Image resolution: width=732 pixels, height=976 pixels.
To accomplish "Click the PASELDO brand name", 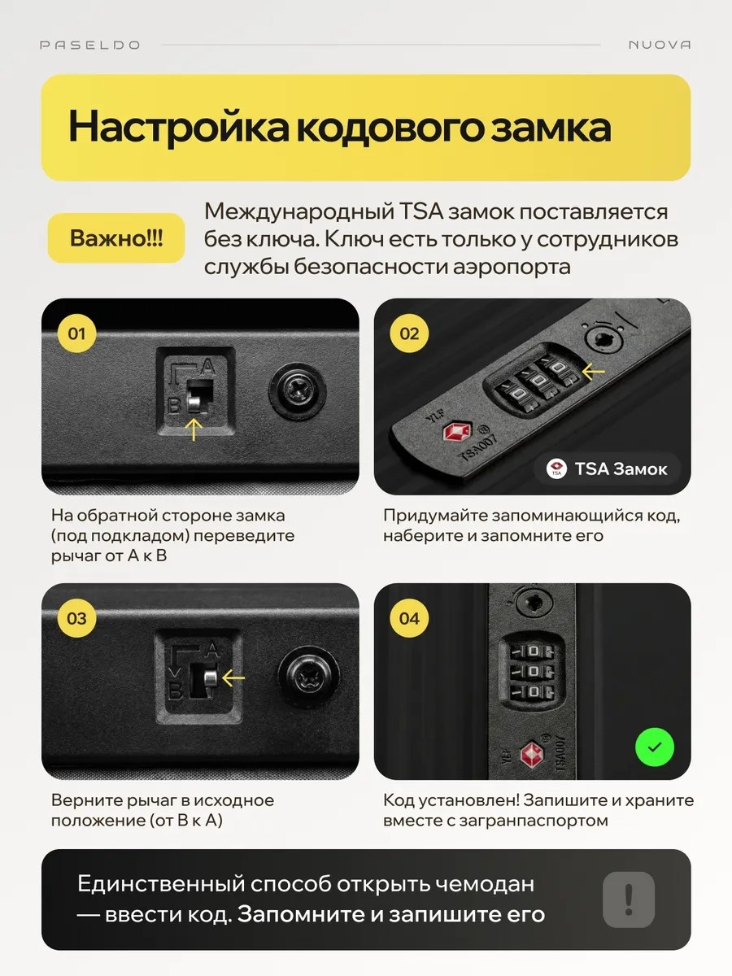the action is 89,45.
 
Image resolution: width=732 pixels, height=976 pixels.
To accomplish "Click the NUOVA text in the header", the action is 660,45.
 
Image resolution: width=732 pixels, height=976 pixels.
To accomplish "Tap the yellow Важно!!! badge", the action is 116,237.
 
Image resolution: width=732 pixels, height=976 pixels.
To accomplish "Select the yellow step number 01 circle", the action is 77,333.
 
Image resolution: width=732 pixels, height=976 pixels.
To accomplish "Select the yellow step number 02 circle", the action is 409,333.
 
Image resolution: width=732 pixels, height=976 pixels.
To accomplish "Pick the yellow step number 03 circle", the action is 77,618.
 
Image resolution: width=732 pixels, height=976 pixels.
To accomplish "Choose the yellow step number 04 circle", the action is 409,618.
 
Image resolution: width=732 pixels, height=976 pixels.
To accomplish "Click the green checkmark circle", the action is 655,747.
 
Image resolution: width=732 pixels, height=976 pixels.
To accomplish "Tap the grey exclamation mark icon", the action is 629,900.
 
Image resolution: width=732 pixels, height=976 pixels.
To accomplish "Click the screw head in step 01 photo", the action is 298,392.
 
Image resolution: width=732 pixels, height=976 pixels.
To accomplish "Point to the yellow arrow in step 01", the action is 194,429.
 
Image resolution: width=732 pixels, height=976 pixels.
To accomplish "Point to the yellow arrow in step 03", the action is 233,678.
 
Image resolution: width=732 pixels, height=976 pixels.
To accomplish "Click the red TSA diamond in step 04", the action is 532,754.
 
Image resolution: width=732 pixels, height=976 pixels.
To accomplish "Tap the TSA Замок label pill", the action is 607,468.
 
